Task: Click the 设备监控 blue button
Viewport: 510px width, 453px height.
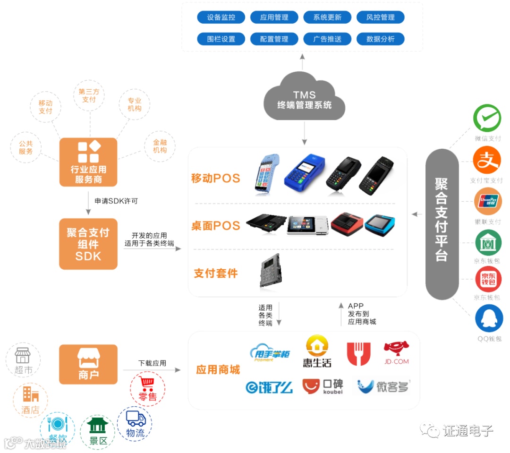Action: [x=221, y=17]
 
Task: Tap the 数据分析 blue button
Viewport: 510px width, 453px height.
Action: [x=381, y=39]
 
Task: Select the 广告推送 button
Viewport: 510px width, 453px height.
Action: [x=327, y=39]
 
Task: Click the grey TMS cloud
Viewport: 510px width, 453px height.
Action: [x=304, y=98]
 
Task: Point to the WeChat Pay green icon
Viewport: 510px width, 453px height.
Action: [x=487, y=118]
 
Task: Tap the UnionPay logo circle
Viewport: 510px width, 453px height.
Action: [x=487, y=202]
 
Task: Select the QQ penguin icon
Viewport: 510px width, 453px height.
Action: [x=489, y=319]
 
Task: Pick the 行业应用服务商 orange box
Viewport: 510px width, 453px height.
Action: [x=88, y=162]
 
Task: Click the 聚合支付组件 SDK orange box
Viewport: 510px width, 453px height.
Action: [x=88, y=244]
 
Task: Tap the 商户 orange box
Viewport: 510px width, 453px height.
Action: [x=88, y=364]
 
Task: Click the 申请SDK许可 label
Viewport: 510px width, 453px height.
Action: [x=116, y=201]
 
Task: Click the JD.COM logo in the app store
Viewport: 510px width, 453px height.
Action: [x=396, y=353]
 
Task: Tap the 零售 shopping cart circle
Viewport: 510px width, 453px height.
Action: [x=148, y=389]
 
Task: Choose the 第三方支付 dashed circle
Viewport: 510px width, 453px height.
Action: [x=89, y=95]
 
